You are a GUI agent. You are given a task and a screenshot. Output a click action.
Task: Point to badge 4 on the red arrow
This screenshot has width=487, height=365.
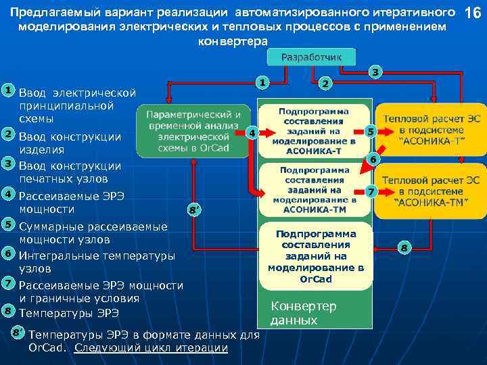[252, 133]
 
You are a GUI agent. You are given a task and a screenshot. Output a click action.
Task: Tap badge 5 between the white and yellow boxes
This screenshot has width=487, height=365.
[369, 131]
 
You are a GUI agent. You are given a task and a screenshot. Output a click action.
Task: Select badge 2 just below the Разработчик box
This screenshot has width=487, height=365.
[325, 83]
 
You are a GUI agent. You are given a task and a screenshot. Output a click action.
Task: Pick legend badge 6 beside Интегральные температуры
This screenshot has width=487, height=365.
[7, 253]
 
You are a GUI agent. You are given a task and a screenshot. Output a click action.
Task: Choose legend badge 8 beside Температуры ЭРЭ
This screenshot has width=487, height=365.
[7, 311]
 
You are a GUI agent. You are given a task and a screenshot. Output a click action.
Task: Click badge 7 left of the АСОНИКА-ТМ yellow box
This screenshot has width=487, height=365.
[369, 192]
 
